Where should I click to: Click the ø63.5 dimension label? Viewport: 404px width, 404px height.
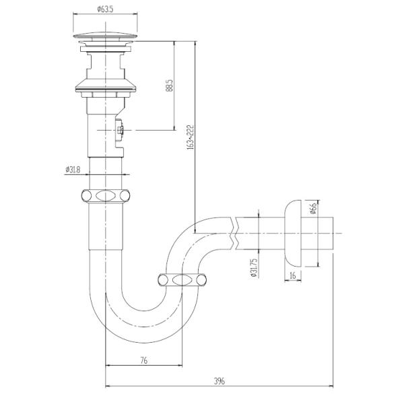105,9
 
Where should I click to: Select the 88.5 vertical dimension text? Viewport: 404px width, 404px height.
169,86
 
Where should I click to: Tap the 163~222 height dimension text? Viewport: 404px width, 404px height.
191,137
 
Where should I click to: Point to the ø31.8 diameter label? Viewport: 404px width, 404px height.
73,170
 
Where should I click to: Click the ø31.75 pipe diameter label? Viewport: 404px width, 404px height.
254,268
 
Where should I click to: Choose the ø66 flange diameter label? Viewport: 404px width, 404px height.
313,208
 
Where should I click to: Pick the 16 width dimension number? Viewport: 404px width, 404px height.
293,275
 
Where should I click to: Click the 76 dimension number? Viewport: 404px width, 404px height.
144,360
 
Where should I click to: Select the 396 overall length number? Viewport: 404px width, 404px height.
220,381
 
